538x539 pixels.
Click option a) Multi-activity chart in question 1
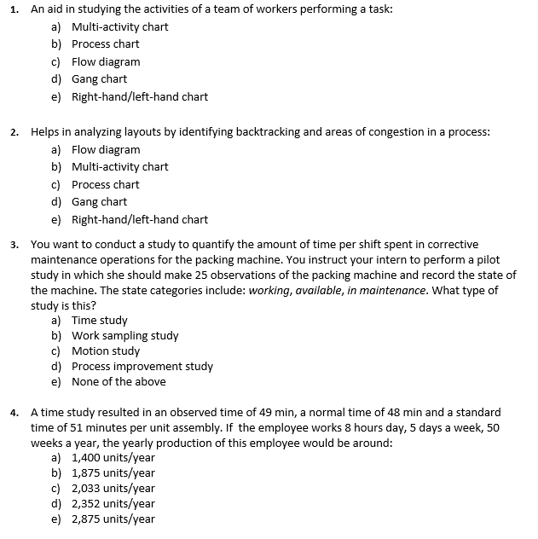tap(119, 26)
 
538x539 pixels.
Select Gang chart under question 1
tap(99, 79)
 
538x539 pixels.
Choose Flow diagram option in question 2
tap(106, 149)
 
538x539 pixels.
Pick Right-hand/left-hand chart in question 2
tap(139, 219)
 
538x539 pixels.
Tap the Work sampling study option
tap(124, 336)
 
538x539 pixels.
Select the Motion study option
tap(106, 351)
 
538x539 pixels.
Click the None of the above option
tap(119, 382)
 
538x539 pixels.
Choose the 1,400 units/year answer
tap(113, 458)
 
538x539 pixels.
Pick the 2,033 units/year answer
tap(113, 489)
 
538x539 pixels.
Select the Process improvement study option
tap(142, 367)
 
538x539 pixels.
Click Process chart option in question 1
tap(105, 44)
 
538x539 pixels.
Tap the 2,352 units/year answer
tap(113, 504)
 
